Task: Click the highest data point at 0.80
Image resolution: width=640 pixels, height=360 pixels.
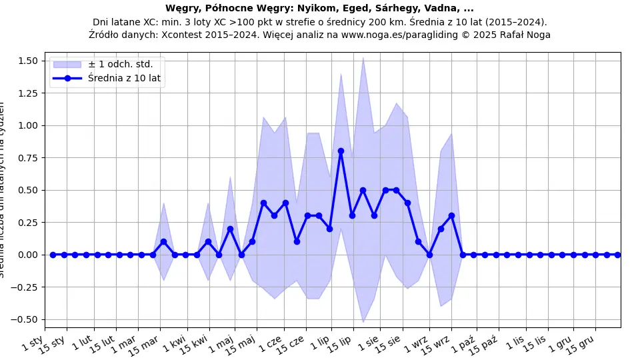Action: pyautogui.click(x=341, y=151)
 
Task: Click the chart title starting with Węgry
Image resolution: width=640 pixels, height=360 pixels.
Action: pyautogui.click(x=319, y=9)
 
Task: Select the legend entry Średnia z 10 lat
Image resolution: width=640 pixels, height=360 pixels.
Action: pyautogui.click(x=125, y=78)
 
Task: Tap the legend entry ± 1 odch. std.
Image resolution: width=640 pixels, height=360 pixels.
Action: pyautogui.click(x=120, y=64)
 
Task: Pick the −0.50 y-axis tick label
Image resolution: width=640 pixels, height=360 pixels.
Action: pyautogui.click(x=27, y=319)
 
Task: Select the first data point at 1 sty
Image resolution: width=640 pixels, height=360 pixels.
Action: pyautogui.click(x=53, y=255)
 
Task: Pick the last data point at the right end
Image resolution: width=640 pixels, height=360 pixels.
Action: pyautogui.click(x=617, y=255)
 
